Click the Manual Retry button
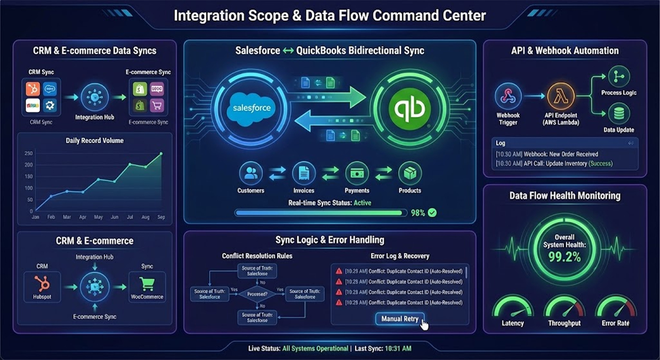coord(400,319)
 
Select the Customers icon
coord(251,173)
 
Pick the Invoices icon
coord(304,173)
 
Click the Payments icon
coord(357,173)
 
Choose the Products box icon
coord(410,173)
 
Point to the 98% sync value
coord(418,213)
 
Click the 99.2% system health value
coord(564,257)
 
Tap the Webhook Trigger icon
coord(508,96)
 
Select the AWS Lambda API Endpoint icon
coord(560,96)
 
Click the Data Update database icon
coord(619,114)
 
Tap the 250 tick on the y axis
coord(28,154)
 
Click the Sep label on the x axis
coord(161,217)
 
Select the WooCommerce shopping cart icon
coord(147,284)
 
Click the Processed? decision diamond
coord(258,294)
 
